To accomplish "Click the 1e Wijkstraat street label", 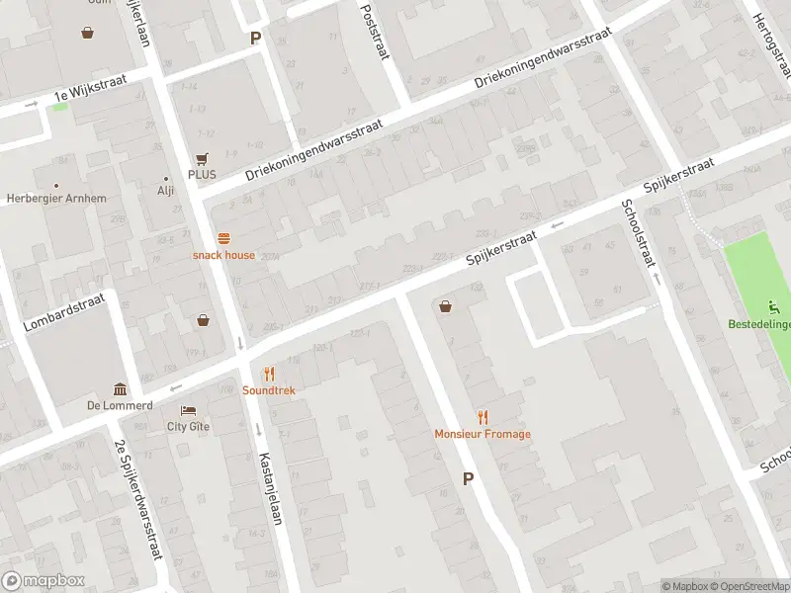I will pyautogui.click(x=91, y=95).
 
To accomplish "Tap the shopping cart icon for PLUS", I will pyautogui.click(x=203, y=158).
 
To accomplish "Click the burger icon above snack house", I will pyautogui.click(x=223, y=237).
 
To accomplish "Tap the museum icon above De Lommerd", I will pyautogui.click(x=120, y=388).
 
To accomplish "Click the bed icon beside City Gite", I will pyautogui.click(x=188, y=410).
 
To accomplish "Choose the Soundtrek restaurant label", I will pyautogui.click(x=268, y=390).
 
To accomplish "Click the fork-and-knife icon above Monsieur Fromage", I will pyautogui.click(x=483, y=417).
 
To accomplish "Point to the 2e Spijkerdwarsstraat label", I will pyautogui.click(x=138, y=499).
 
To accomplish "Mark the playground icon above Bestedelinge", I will pyautogui.click(x=774, y=307).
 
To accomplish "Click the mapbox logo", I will pyautogui.click(x=43, y=581).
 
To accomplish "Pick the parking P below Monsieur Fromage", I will pyautogui.click(x=468, y=478).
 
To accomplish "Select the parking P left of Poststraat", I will pyautogui.click(x=255, y=39).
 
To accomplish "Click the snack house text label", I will pyautogui.click(x=223, y=255).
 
